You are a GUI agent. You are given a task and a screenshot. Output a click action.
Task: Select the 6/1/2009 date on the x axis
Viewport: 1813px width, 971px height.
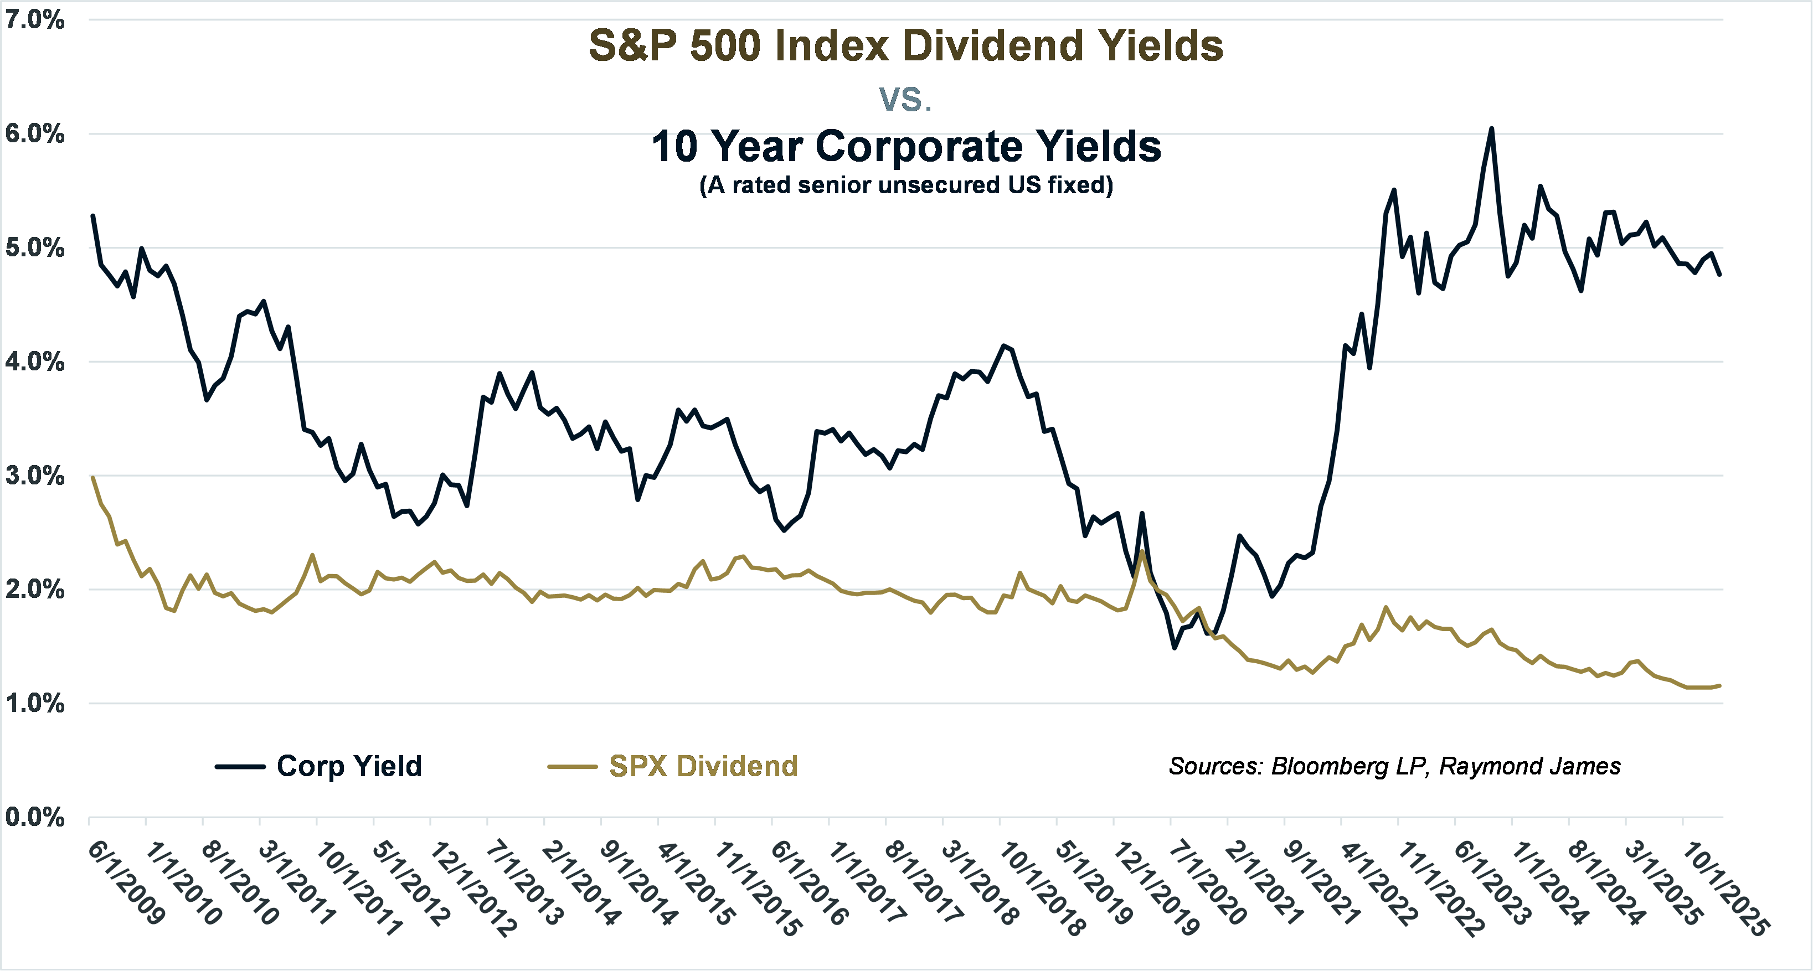click(x=127, y=882)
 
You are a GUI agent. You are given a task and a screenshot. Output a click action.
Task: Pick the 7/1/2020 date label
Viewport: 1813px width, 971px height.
click(x=1208, y=884)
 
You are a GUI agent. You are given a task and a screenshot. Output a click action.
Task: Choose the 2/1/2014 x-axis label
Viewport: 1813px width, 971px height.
click(x=581, y=884)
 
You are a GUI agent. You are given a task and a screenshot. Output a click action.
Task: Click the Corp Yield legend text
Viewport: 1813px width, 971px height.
click(x=349, y=766)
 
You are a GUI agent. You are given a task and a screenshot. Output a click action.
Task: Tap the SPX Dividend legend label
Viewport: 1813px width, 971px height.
click(x=703, y=766)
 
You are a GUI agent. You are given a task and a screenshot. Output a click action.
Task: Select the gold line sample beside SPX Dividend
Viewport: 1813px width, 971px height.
click(x=572, y=767)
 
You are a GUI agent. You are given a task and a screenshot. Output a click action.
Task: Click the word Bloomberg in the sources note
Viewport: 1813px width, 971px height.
click(x=1329, y=766)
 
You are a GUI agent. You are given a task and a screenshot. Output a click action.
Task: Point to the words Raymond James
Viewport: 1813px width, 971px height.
click(x=1529, y=766)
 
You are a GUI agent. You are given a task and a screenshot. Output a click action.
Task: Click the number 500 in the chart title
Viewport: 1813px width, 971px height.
click(x=725, y=47)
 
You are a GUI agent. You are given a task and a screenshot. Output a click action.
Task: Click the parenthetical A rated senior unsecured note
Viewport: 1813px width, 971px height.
click(x=906, y=185)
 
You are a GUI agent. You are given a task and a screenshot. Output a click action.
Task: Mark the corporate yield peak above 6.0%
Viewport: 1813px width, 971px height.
click(x=1491, y=129)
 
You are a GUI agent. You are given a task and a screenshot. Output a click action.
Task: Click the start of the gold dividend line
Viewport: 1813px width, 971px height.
click(x=93, y=478)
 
